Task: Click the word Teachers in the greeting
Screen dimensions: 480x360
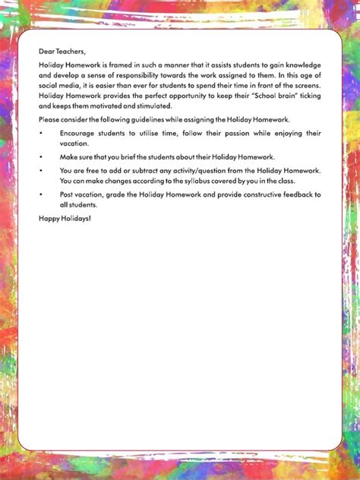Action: (x=69, y=51)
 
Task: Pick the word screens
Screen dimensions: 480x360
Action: (x=304, y=87)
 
